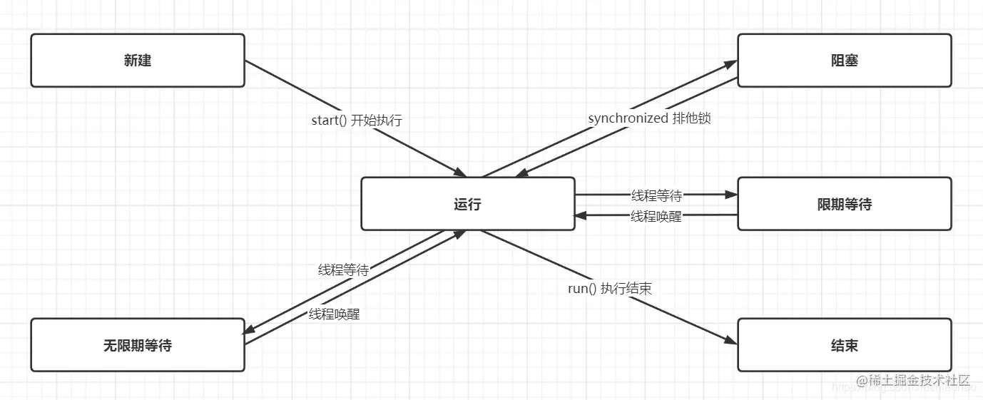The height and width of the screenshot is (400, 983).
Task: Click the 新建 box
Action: tap(138, 61)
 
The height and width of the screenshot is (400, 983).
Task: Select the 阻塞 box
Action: tap(844, 61)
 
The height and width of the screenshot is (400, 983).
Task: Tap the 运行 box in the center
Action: tap(467, 205)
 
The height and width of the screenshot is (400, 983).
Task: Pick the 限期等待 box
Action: tap(844, 205)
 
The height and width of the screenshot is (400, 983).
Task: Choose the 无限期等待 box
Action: tap(138, 346)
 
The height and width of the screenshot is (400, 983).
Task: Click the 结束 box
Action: tap(844, 346)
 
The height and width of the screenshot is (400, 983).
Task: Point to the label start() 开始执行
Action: tap(357, 120)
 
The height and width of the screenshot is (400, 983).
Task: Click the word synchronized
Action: tap(628, 118)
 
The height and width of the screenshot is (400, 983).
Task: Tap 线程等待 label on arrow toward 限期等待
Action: tap(656, 195)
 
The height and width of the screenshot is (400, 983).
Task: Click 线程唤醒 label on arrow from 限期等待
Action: tap(656, 216)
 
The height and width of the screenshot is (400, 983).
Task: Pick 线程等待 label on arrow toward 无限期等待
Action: tap(343, 270)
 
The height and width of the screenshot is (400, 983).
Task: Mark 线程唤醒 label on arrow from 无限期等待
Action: tap(335, 314)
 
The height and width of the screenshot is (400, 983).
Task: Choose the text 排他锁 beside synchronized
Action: tap(691, 118)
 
